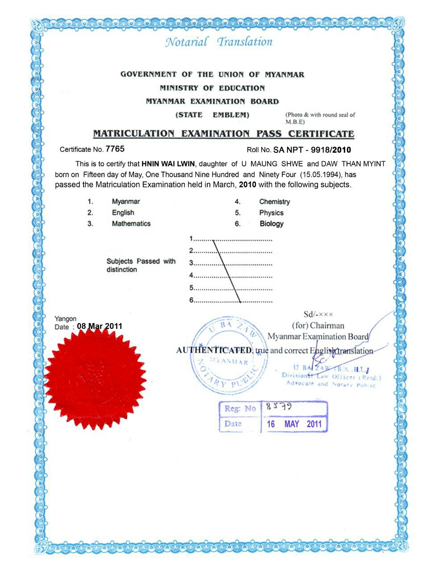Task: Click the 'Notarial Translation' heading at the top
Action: (x=219, y=42)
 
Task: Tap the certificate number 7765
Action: (x=115, y=149)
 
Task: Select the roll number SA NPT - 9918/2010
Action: (x=312, y=150)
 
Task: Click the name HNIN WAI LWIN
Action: (x=168, y=164)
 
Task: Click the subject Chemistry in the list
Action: (x=274, y=202)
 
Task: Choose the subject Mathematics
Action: (x=131, y=223)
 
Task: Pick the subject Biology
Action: (x=271, y=223)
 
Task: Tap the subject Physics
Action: (x=271, y=213)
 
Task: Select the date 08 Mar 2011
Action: (x=99, y=326)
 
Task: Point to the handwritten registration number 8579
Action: (x=279, y=407)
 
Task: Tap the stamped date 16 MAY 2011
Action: (x=294, y=424)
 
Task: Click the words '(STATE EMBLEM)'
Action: (x=212, y=115)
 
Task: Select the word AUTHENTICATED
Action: (x=214, y=350)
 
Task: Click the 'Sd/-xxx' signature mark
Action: (x=318, y=314)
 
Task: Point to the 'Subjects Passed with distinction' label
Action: (x=141, y=265)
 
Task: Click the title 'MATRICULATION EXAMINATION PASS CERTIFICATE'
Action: (x=223, y=134)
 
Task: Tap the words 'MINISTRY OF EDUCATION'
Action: (x=212, y=88)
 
